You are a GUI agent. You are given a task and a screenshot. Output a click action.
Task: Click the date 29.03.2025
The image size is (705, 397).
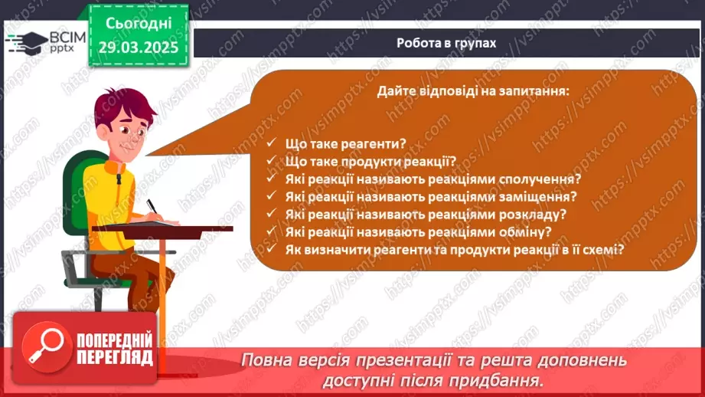point(139,48)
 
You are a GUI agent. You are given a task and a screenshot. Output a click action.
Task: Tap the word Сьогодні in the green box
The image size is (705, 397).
point(139,24)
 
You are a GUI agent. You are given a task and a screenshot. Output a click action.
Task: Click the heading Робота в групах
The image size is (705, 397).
point(446,43)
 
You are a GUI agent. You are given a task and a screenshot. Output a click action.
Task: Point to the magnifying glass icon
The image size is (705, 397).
point(47,346)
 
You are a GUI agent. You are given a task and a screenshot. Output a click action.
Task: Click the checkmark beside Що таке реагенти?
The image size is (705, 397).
point(271,143)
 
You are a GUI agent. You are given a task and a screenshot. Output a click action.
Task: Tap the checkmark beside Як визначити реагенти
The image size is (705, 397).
point(271,248)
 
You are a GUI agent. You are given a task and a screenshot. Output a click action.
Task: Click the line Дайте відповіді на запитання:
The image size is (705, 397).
point(473,91)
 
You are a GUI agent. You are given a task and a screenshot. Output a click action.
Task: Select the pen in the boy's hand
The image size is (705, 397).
point(152,206)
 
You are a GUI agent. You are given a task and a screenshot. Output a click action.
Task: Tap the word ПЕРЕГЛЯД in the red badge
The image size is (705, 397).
point(115,358)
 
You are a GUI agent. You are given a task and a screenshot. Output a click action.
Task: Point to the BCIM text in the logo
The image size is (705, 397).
point(67,38)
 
